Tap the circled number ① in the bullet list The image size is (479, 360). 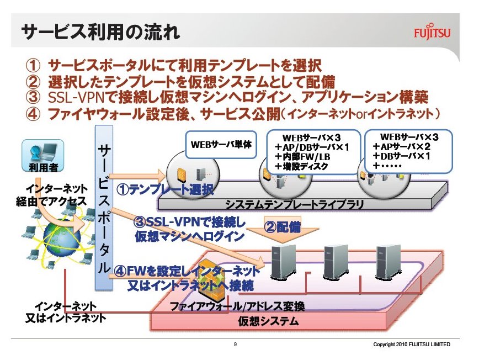click(x=33, y=65)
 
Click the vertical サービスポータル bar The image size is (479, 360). click(x=103, y=207)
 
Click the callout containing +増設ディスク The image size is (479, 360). click(x=312, y=150)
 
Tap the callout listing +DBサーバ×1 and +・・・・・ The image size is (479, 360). click(x=408, y=150)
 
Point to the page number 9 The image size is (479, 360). click(x=236, y=345)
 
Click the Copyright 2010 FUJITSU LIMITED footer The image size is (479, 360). click(x=411, y=345)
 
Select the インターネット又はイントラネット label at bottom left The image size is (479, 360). click(x=66, y=312)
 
